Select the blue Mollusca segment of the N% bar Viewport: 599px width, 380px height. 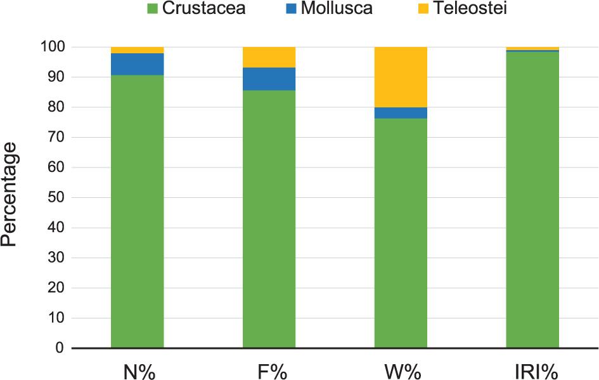137,64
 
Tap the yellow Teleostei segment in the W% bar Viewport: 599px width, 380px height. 401,77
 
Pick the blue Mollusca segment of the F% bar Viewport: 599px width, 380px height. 269,79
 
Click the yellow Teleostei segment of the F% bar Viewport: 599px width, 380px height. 269,57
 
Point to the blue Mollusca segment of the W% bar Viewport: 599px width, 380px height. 401,113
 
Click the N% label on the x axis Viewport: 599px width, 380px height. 138,370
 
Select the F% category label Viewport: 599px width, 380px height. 269,370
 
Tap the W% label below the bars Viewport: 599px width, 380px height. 401,370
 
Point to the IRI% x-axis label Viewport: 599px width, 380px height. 532,370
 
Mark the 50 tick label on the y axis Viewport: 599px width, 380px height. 56,198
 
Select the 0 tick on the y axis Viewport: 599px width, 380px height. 60,348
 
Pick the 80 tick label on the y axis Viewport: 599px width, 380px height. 56,107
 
